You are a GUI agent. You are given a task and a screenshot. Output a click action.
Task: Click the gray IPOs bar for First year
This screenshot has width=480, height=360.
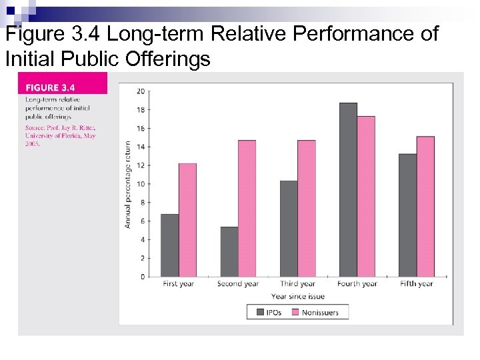(170, 245)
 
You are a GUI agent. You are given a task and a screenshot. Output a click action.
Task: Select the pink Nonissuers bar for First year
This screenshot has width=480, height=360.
(188, 220)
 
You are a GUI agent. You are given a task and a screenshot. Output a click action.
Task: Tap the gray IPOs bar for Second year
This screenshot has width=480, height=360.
(229, 251)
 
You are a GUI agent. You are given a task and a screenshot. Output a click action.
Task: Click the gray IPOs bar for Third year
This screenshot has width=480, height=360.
(289, 229)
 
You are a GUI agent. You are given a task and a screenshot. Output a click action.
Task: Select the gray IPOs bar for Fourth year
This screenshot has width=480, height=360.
(348, 190)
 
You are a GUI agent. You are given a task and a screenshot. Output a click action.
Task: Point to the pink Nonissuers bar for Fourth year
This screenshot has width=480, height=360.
(366, 197)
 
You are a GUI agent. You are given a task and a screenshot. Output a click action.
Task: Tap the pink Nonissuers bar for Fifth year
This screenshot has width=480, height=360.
(425, 207)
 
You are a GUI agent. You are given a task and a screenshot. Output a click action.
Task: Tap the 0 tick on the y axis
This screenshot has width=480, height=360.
(142, 277)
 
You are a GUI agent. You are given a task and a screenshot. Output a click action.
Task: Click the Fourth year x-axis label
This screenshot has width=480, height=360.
(357, 284)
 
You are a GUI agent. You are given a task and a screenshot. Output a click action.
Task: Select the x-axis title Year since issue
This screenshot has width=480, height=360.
(298, 296)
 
